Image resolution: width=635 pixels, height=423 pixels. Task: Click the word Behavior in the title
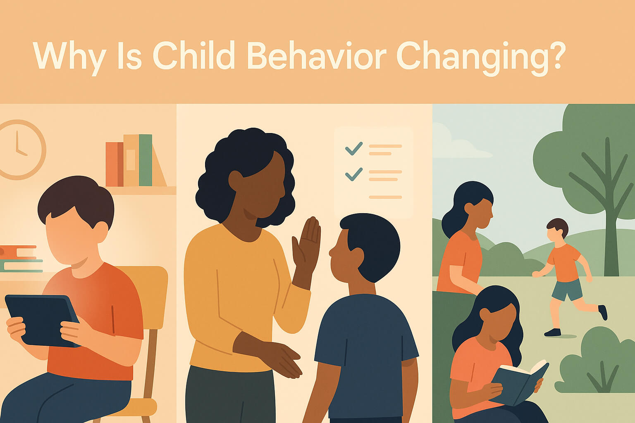pyautogui.click(x=317, y=55)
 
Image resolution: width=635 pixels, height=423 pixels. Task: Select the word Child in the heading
pyautogui.click(x=194, y=55)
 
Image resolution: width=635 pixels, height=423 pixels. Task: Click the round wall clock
pyautogui.click(x=20, y=150)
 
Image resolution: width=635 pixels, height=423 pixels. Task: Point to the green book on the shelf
pyautogui.click(x=146, y=160)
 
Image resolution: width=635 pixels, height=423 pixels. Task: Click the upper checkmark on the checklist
pyautogui.click(x=354, y=148)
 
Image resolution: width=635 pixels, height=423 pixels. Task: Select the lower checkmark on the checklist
pyautogui.click(x=354, y=174)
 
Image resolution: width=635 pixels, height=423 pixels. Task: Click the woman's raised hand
pyautogui.click(x=307, y=247)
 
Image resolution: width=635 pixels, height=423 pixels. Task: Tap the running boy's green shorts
pyautogui.click(x=567, y=289)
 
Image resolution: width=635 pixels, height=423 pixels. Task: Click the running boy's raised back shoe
pyautogui.click(x=603, y=312)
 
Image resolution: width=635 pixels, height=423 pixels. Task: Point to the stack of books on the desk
pyautogui.click(x=20, y=259)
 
